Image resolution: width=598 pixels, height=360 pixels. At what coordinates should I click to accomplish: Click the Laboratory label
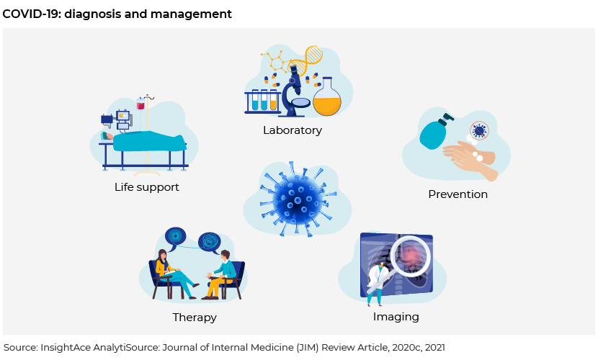[293, 130]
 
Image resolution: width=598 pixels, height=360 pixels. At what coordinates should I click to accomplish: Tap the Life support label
[147, 187]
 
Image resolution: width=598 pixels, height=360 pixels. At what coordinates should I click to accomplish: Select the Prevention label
[458, 194]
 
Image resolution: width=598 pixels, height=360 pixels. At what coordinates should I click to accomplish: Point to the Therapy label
[195, 318]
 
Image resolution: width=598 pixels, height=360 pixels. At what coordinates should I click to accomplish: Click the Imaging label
[396, 317]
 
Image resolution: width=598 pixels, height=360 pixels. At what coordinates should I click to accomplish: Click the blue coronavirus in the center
[298, 199]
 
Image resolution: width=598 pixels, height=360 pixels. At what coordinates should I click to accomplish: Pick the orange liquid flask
[327, 97]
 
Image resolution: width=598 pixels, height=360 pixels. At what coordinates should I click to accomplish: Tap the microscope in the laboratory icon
[295, 91]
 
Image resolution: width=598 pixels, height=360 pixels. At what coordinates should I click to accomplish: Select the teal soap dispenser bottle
[434, 132]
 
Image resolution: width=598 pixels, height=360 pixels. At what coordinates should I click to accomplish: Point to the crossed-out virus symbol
[479, 130]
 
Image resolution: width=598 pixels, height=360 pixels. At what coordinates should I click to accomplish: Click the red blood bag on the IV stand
[140, 104]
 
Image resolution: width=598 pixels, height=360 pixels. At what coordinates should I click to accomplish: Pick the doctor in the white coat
[377, 283]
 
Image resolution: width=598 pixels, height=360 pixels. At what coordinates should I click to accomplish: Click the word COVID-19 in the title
[31, 14]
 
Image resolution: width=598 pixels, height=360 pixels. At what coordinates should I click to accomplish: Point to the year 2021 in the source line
[434, 348]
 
